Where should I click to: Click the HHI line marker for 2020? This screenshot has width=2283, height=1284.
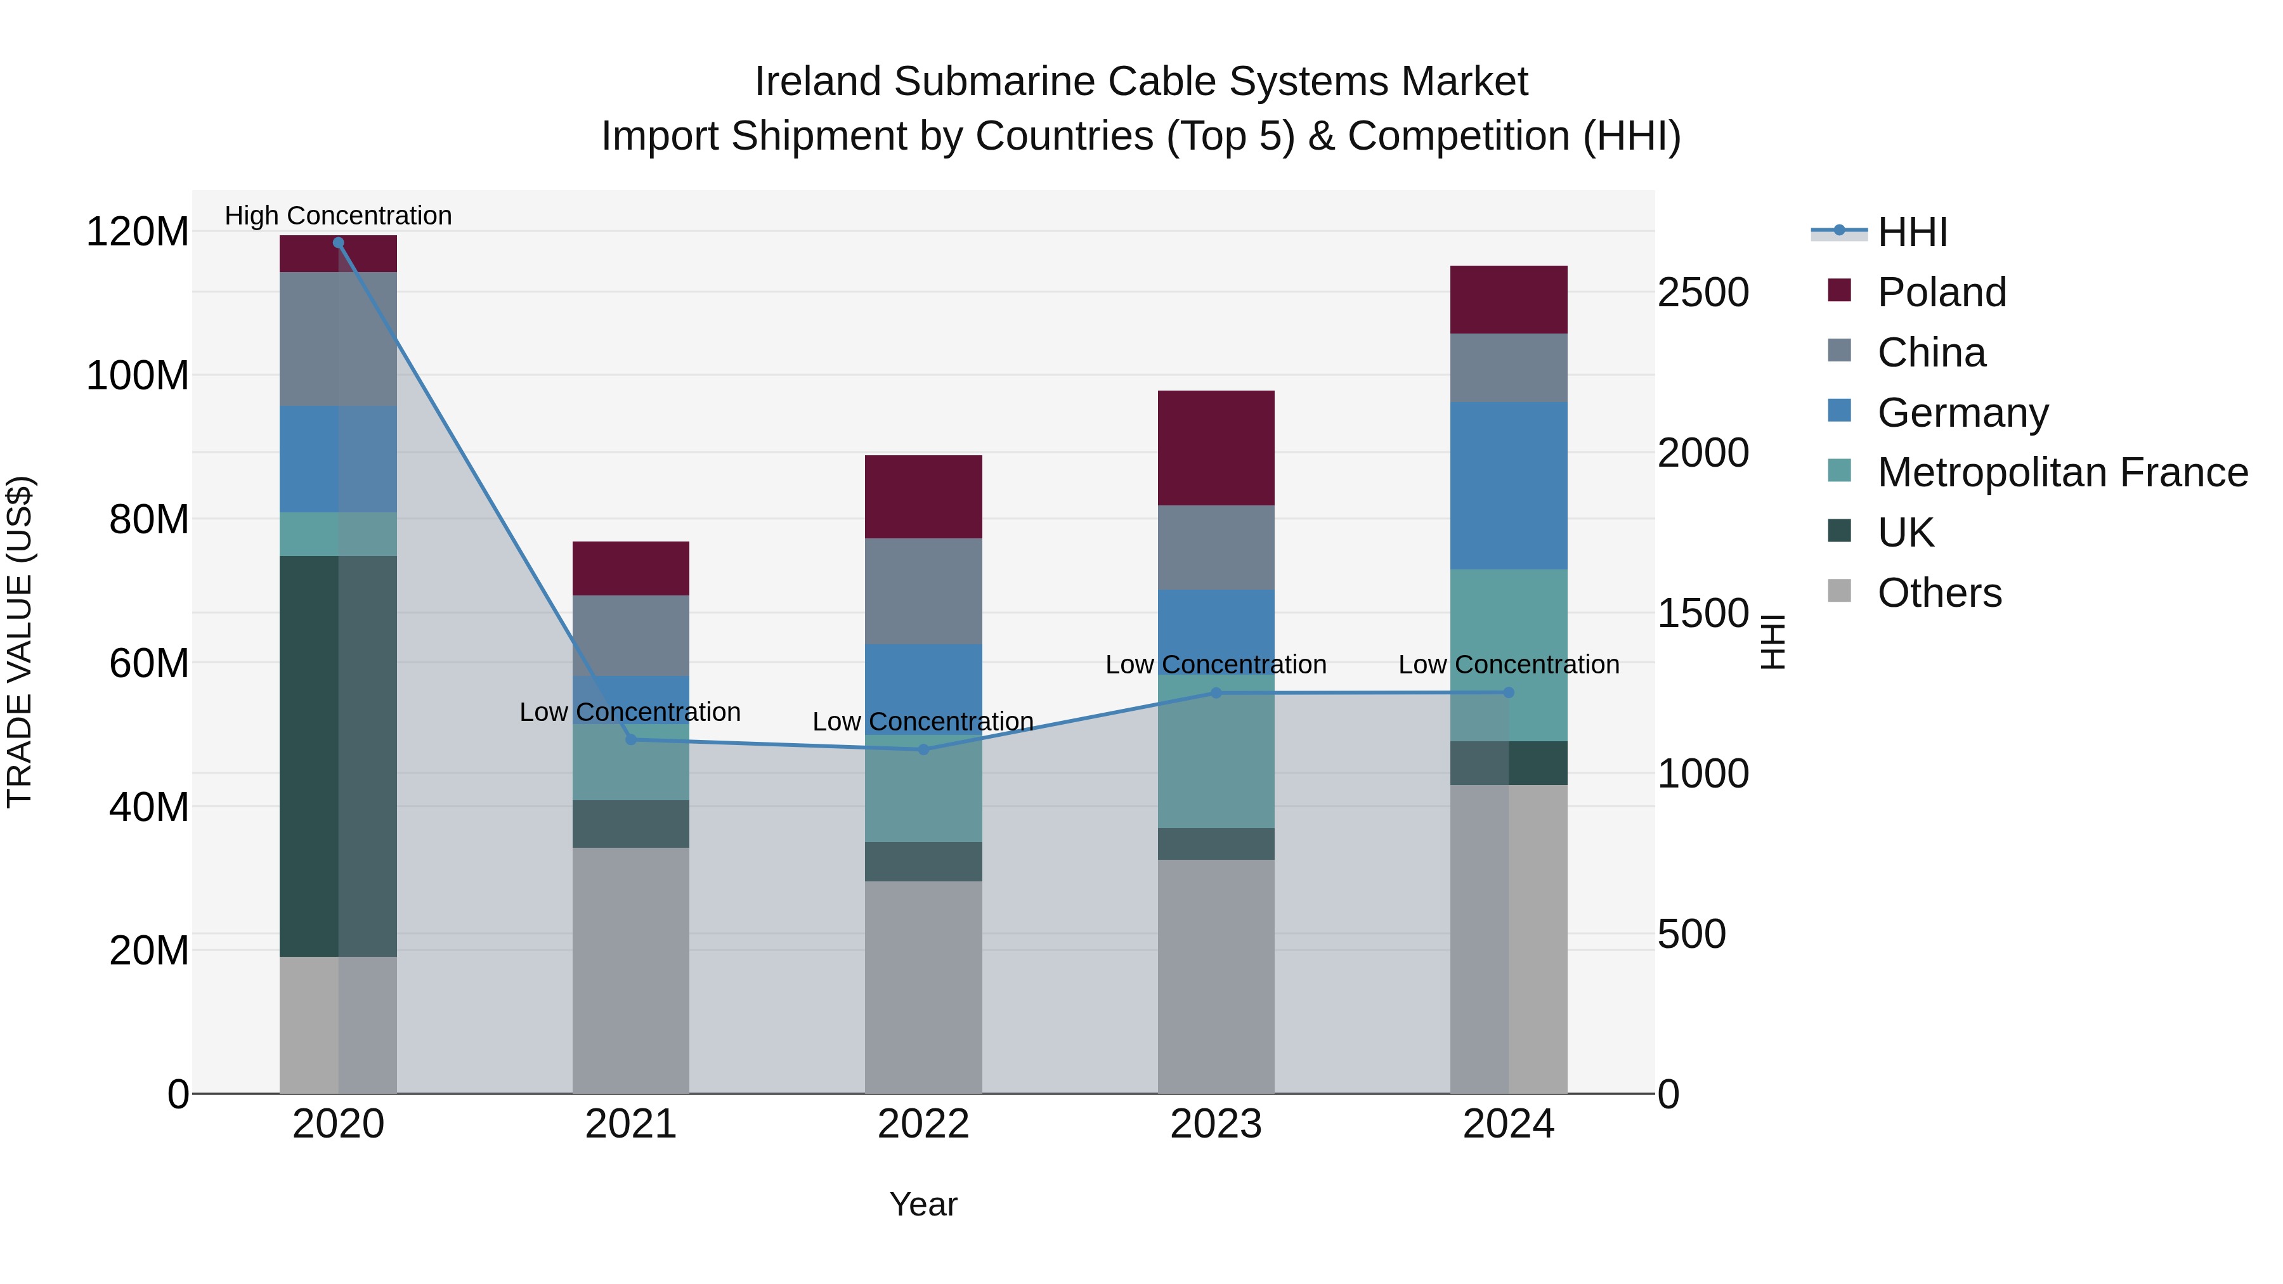pyautogui.click(x=337, y=242)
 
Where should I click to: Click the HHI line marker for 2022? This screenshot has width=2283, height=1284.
pyautogui.click(x=923, y=749)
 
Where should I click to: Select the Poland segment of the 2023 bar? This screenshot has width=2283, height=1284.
pyautogui.click(x=1215, y=448)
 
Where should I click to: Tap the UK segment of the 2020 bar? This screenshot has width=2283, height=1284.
pyautogui.click(x=337, y=755)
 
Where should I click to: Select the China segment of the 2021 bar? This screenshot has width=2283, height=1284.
pyautogui.click(x=630, y=635)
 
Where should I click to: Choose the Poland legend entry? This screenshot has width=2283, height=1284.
pyautogui.click(x=1941, y=292)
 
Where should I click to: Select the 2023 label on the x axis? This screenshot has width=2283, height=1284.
pyautogui.click(x=1215, y=1124)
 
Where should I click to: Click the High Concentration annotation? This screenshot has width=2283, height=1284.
pyautogui.click(x=337, y=216)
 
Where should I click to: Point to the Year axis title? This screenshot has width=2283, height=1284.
pyautogui.click(x=923, y=1204)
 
